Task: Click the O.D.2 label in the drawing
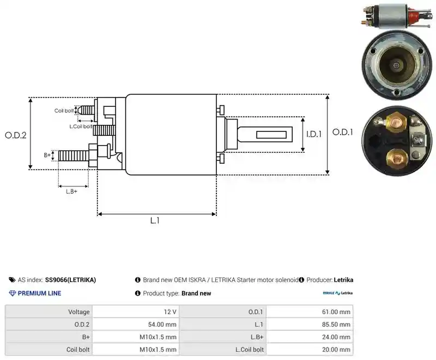(16, 135)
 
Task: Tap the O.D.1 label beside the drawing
(343, 132)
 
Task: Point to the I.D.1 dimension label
(314, 134)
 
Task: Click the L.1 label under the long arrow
(155, 220)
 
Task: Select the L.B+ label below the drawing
(71, 191)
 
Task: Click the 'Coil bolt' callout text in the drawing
(64, 111)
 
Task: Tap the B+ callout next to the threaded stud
(47, 155)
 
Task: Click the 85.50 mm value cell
(310, 325)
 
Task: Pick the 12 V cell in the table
(136, 312)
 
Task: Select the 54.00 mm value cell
(136, 325)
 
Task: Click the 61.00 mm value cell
(310, 312)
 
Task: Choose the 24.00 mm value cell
(310, 337)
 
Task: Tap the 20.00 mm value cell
(310, 350)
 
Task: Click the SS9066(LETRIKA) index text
(70, 280)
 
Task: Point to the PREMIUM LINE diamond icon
(13, 293)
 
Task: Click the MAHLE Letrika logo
(337, 293)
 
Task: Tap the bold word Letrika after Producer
(343, 280)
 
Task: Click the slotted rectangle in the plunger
(271, 135)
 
